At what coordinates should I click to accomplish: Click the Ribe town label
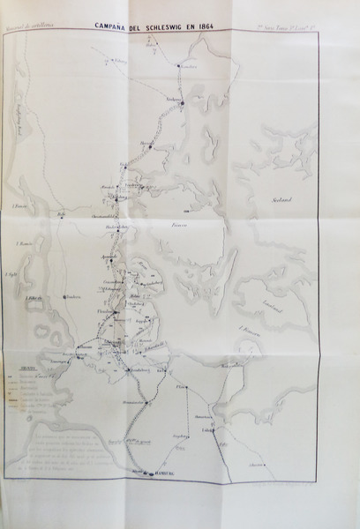click(61, 214)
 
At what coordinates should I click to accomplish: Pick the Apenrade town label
click(110, 256)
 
